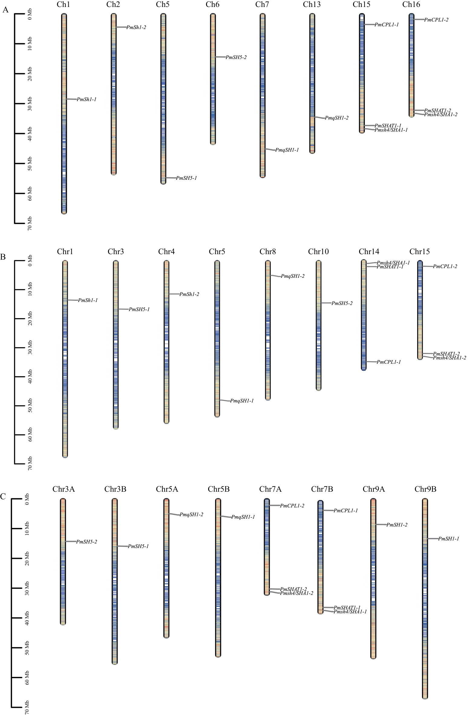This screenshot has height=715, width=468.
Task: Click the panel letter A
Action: point(5,10)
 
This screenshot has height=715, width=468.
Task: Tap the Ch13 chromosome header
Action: point(312,4)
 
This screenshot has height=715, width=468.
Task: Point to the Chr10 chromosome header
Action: point(318,251)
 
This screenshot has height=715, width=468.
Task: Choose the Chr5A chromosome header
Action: point(167,489)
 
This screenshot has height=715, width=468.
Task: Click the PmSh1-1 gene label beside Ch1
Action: point(87,99)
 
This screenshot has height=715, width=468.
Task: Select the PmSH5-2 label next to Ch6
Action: point(236,57)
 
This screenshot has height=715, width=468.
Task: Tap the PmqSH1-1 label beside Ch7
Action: point(287,150)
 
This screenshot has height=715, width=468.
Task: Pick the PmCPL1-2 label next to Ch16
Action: point(436,20)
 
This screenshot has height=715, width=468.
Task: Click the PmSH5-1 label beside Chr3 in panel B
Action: point(139,309)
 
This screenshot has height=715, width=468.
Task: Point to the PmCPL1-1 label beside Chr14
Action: point(389,362)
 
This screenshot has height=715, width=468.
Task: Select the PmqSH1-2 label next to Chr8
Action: point(293,276)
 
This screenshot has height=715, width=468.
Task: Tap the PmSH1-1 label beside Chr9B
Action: point(449,539)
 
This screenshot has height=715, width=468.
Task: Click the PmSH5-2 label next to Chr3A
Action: point(87,542)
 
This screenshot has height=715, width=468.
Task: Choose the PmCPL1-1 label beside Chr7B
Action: point(346,510)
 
